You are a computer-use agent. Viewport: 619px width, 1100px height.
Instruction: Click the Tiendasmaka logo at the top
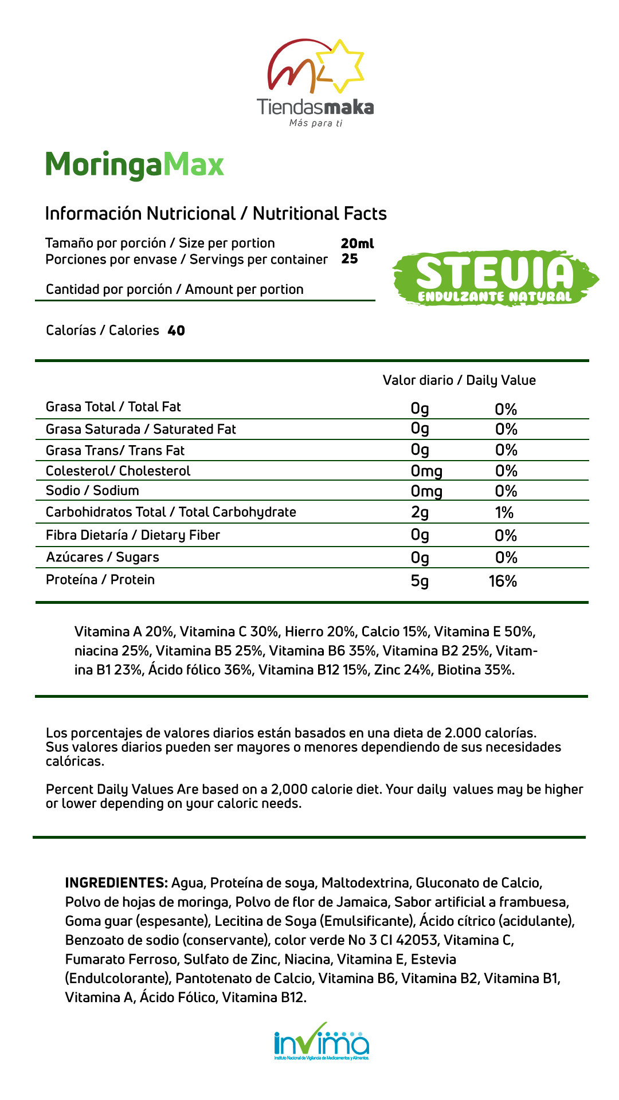pos(315,83)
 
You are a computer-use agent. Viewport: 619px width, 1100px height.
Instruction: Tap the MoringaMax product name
pos(134,165)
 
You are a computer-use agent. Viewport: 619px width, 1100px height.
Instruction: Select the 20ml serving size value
pos(356,243)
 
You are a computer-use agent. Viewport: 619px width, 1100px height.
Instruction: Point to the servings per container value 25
pos(350,259)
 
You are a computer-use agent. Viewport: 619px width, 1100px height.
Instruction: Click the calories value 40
pos(176,331)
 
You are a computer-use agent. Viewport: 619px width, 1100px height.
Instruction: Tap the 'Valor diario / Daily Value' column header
pos(459,380)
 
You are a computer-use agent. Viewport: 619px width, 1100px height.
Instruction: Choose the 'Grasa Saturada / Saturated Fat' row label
pos(140,429)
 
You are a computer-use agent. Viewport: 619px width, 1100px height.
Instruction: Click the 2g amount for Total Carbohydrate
pos(420,512)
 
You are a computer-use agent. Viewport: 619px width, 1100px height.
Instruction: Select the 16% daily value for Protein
pos(503,582)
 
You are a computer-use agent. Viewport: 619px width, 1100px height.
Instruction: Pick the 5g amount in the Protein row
pos(420,582)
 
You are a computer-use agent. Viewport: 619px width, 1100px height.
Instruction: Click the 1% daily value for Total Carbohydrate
pos(504,512)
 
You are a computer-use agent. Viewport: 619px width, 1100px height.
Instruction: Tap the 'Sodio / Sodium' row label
pos(92,490)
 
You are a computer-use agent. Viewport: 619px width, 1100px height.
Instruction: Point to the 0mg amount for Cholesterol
pos(426,471)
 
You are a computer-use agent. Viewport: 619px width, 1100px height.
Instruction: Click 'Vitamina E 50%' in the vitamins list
pos(484,632)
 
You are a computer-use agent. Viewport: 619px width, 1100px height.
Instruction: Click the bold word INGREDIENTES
pos(116,883)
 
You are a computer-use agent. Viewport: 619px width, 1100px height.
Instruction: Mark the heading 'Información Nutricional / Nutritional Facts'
pos(216,214)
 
